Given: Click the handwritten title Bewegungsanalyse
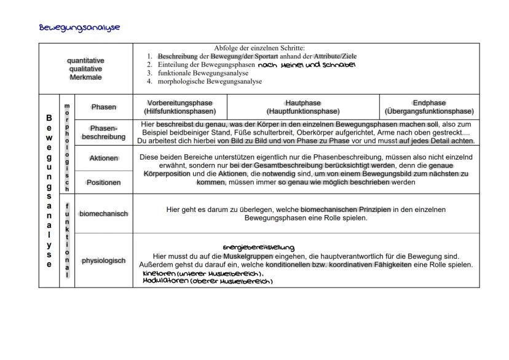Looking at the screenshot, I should pyautogui.click(x=79, y=28).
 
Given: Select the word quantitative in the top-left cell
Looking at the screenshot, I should pyautogui.click(x=85, y=61).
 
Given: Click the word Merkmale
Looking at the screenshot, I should pyautogui.click(x=85, y=78).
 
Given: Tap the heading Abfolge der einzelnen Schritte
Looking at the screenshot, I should pyautogui.click(x=263, y=48).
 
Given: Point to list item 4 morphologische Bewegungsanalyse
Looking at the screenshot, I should pyautogui.click(x=208, y=81).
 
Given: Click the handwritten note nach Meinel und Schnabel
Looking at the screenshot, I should pyautogui.click(x=307, y=65).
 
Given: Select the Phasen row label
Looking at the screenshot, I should pyautogui.click(x=103, y=107).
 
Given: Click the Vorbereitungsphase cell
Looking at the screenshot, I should pyautogui.click(x=180, y=107).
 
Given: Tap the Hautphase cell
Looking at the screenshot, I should pyautogui.click(x=302, y=107).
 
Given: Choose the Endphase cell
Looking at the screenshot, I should pyautogui.click(x=429, y=107).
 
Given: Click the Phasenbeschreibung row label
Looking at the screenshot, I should pyautogui.click(x=103, y=132).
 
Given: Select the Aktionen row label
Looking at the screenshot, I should pyautogui.click(x=103, y=158).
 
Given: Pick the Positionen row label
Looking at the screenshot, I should pyautogui.click(x=103, y=182).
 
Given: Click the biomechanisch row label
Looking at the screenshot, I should pyautogui.click(x=103, y=214).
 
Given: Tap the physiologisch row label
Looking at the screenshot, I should pyautogui.click(x=103, y=260).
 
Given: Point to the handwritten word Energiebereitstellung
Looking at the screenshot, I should pyautogui.click(x=258, y=247).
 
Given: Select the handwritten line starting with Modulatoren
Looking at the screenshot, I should pyautogui.click(x=207, y=281).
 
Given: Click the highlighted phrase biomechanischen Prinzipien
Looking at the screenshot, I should pyautogui.click(x=345, y=209).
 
